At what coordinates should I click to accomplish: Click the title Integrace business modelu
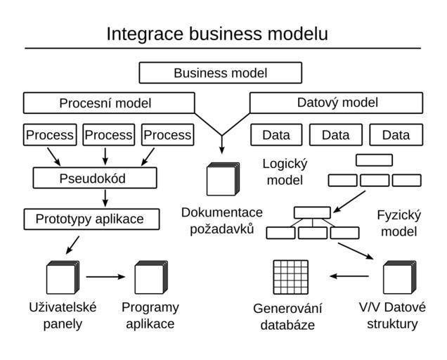[216, 34]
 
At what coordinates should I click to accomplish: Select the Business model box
[220, 72]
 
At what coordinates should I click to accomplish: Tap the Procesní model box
[105, 103]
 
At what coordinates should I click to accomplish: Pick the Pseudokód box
[94, 178]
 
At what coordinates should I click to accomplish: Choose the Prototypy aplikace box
[91, 219]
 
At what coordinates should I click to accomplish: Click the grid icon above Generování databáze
[290, 277]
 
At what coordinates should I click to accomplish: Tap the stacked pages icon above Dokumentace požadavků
[223, 179]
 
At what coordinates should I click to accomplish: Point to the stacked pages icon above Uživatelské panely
[63, 277]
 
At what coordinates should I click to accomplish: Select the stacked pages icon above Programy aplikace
[150, 277]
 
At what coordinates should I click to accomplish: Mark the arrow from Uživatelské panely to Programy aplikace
[105, 276]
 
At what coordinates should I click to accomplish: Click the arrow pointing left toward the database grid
[344, 276]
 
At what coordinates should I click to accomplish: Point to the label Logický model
[285, 172]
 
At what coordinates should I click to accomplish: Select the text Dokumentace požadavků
[221, 220]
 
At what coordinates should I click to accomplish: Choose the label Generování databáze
[287, 316]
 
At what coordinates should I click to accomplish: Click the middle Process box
[108, 134]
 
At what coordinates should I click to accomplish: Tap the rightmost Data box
[396, 135]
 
